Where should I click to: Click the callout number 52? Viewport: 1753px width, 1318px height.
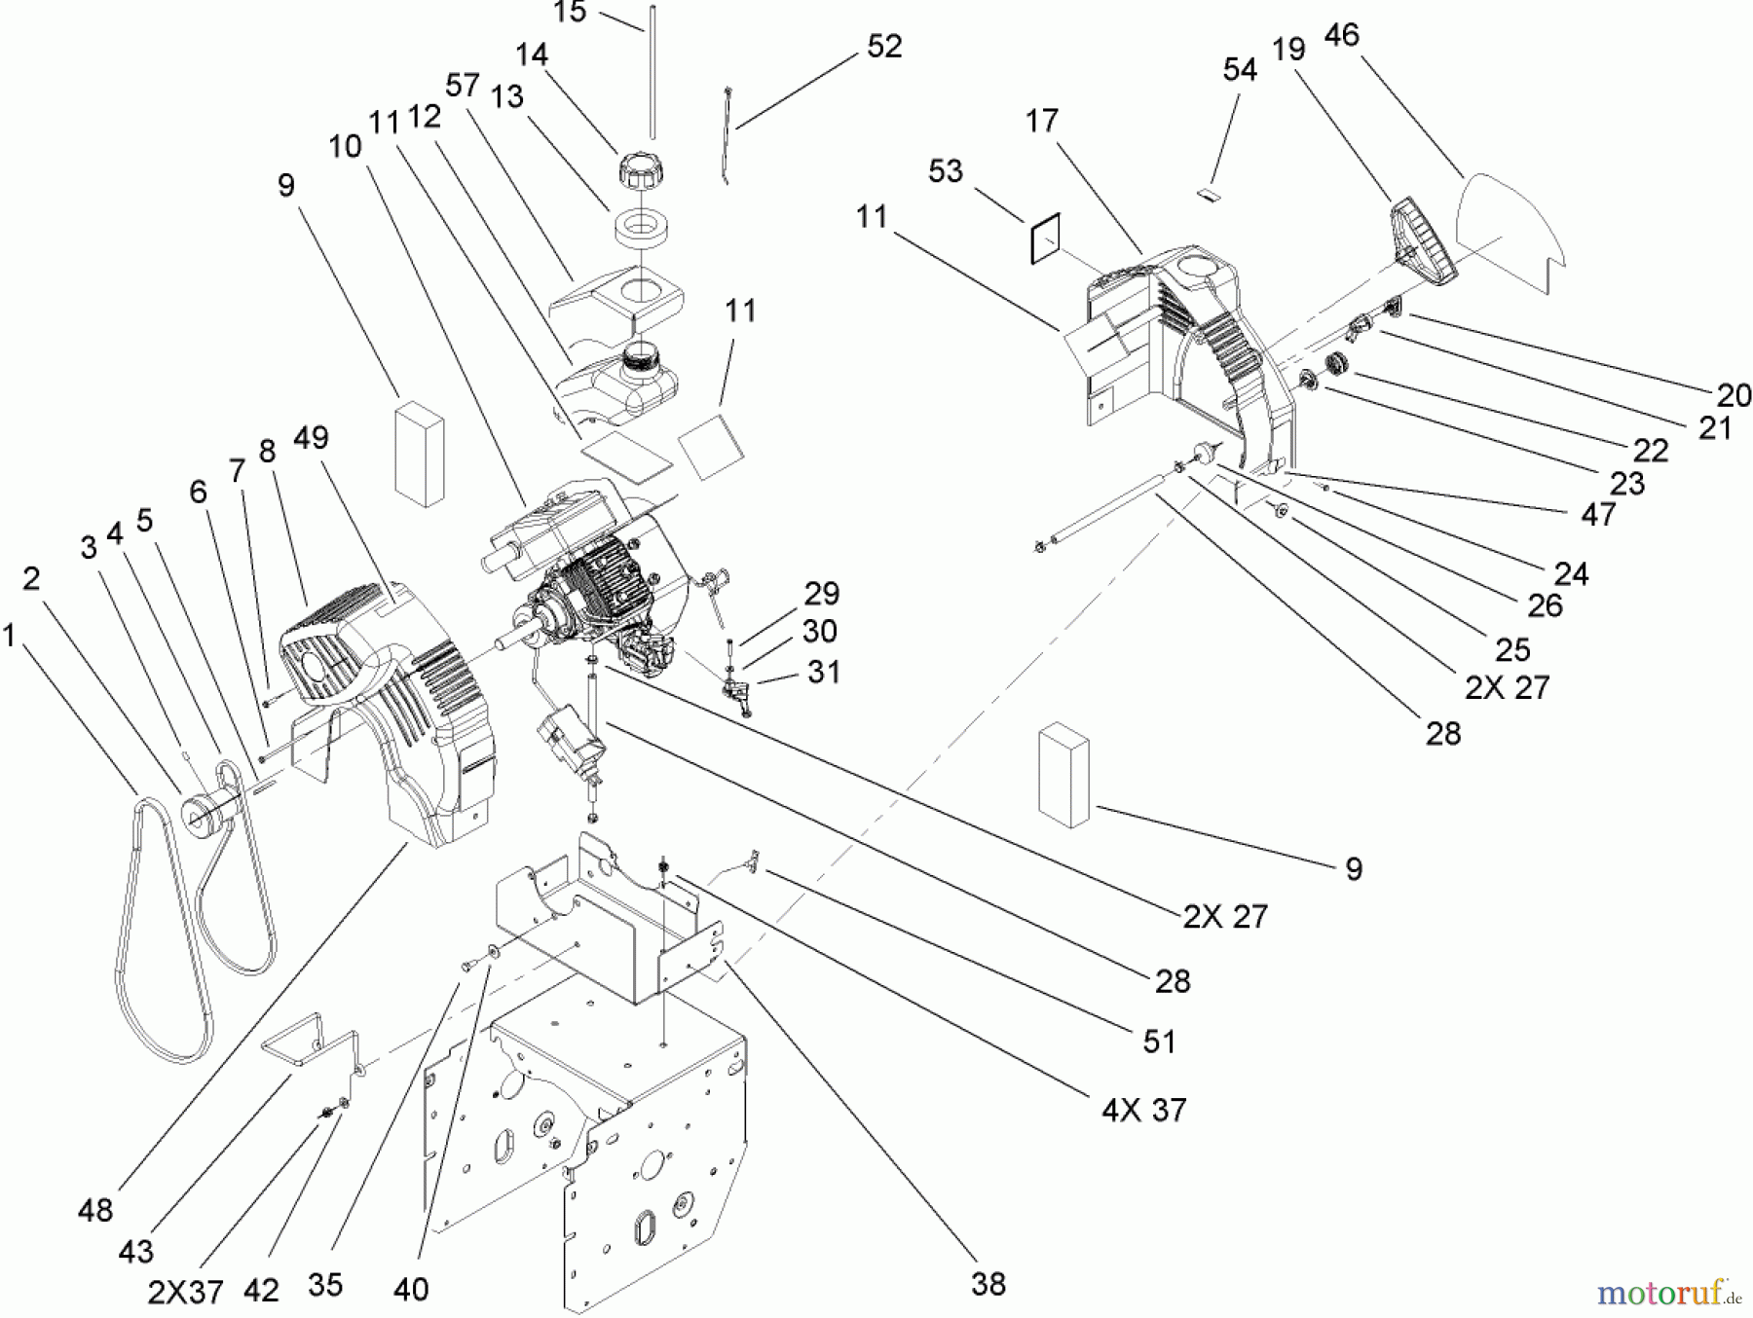click(883, 47)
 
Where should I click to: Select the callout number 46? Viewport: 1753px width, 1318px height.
click(1341, 35)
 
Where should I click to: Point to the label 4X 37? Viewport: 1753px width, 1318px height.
click(1143, 1110)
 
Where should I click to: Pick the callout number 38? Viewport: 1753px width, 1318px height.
click(988, 1284)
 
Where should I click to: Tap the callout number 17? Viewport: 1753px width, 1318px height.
click(1041, 121)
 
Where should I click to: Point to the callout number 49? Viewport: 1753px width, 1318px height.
click(311, 439)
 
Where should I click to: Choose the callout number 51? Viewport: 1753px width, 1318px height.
click(1159, 1042)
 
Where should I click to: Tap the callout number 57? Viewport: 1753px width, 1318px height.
click(463, 86)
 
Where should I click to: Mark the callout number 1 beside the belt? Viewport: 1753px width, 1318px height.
click(9, 637)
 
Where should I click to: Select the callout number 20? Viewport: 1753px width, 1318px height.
click(1734, 394)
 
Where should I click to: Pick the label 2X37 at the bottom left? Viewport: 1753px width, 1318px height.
click(185, 1293)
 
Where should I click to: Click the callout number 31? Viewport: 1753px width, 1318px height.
click(824, 672)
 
